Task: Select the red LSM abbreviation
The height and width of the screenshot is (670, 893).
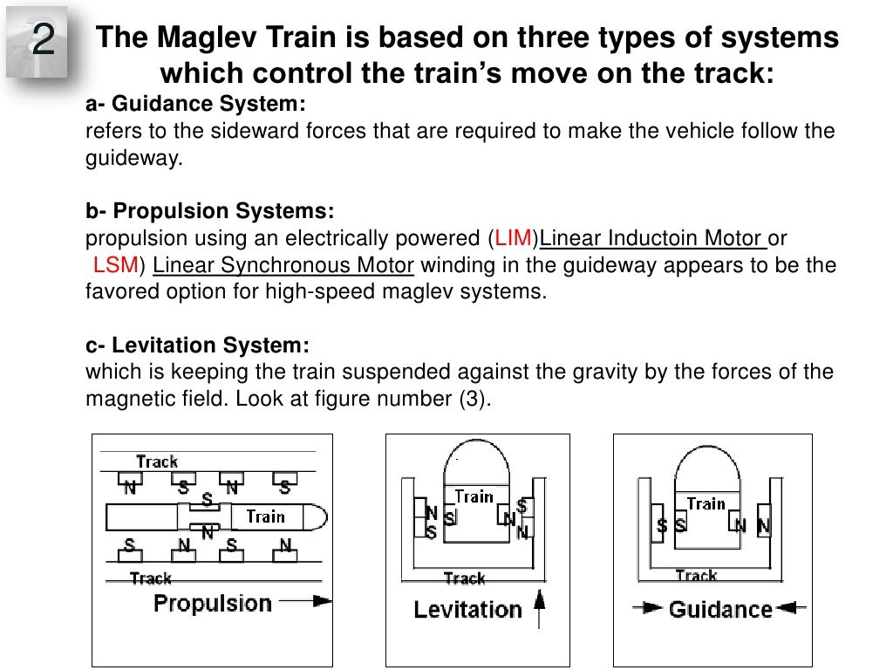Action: [112, 265]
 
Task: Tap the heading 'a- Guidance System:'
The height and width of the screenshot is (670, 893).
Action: [195, 106]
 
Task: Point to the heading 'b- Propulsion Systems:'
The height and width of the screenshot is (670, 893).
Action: [209, 212]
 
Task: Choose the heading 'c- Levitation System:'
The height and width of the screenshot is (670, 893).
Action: [197, 345]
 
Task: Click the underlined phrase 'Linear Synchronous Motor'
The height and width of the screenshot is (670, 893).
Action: [283, 265]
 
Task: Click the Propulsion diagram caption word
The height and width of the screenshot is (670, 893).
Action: [213, 603]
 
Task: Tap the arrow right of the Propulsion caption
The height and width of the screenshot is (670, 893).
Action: [310, 601]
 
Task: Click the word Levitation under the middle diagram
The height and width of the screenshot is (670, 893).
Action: [467, 609]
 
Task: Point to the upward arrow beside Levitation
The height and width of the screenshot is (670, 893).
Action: [538, 607]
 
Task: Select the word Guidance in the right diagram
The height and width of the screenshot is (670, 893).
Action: [720, 609]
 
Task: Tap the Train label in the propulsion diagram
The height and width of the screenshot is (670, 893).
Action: [265, 516]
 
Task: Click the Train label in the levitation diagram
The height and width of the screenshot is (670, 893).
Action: [474, 497]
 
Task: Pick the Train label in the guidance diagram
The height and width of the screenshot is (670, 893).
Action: [706, 503]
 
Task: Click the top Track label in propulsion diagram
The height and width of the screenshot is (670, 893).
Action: [157, 461]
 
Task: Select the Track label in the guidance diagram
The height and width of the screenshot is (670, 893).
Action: [696, 576]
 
